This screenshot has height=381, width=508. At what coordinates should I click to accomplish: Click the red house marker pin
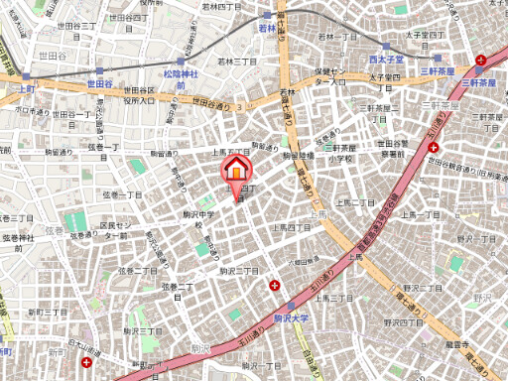[236, 170]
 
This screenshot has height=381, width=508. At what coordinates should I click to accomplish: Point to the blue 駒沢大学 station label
[292, 317]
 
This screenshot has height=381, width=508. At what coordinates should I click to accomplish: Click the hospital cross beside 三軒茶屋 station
[481, 61]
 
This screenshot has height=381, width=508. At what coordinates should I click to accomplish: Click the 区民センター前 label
[114, 231]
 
